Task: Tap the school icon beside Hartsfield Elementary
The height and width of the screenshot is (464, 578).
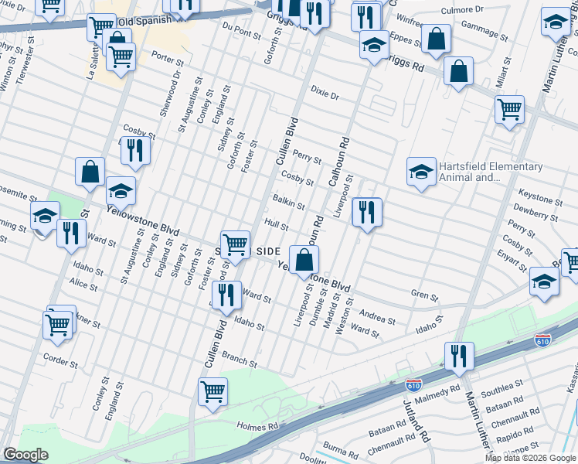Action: (x=421, y=173)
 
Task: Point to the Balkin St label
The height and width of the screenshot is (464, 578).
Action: (x=288, y=203)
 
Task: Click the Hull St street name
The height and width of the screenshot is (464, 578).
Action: (x=276, y=224)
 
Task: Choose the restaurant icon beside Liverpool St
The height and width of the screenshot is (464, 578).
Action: (x=367, y=213)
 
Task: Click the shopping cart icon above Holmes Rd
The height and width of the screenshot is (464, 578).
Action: (x=212, y=391)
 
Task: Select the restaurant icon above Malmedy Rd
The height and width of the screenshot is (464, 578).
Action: (x=459, y=357)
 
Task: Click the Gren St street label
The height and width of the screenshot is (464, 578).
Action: (x=424, y=295)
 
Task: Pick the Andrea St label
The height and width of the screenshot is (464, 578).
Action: (x=378, y=318)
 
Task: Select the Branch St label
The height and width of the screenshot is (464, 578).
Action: (x=239, y=359)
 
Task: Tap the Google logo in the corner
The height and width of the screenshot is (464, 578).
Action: (x=25, y=455)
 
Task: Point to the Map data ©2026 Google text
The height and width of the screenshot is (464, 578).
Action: (x=530, y=458)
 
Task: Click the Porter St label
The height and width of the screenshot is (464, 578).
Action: (x=168, y=60)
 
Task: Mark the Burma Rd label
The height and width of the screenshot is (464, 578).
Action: (x=342, y=447)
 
